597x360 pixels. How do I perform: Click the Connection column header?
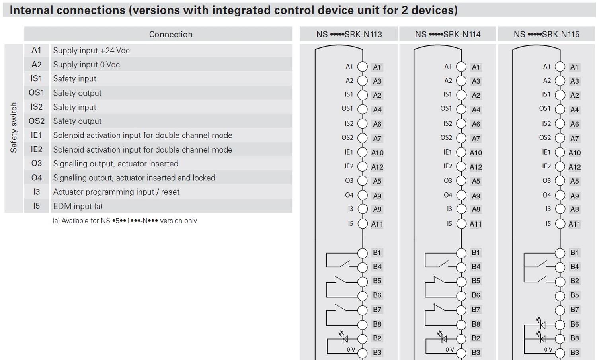tap(171, 34)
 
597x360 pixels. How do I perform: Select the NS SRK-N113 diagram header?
tap(349, 34)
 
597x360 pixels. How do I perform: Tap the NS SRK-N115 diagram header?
tap(546, 34)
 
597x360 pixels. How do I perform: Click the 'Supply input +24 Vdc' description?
tap(91, 51)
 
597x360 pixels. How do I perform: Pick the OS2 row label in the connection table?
tap(37, 121)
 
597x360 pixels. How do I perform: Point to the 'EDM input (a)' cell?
tap(78, 206)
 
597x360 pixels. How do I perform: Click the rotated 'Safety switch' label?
tap(14, 127)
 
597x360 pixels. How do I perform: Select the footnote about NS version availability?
tap(125, 221)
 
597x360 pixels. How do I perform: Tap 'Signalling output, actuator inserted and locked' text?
tap(134, 178)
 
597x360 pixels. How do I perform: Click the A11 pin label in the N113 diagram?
tap(377, 224)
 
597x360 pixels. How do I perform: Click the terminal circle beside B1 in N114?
tap(461, 253)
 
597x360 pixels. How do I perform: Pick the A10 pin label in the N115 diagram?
tap(574, 153)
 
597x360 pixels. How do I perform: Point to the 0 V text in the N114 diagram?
tap(450, 349)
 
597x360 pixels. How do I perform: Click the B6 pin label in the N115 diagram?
tap(574, 324)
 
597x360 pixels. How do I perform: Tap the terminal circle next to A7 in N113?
tap(363, 138)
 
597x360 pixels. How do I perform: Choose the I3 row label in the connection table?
tap(37, 192)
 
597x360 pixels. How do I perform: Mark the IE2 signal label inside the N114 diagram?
tap(448, 166)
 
